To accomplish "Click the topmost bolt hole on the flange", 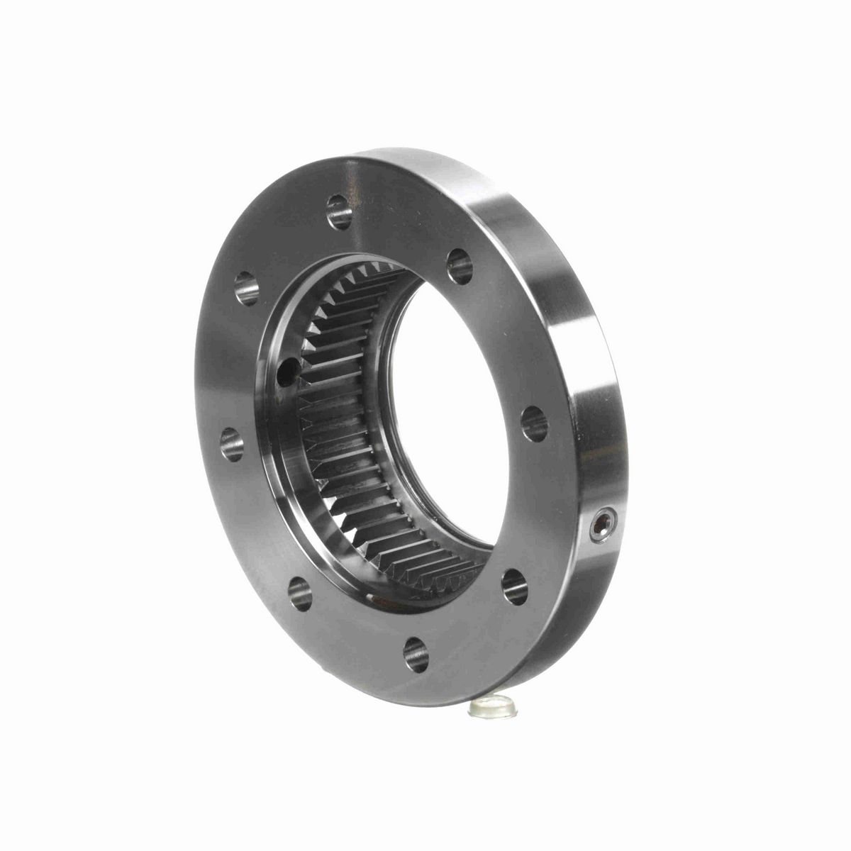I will pos(340,211).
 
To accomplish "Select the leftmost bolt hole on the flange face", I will pos(232,445).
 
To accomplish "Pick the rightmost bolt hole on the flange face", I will pos(534,424).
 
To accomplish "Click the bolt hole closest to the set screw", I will pos(515,586).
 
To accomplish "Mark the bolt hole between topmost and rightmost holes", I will pos(460,267).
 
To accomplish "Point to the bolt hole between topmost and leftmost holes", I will pos(246,289).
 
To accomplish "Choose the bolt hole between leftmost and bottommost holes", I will pos(300,592).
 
